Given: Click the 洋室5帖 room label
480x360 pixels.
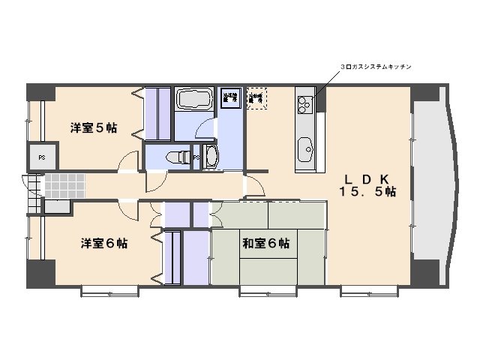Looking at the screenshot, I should pos(94,127).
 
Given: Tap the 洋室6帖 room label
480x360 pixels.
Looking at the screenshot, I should pos(103,244).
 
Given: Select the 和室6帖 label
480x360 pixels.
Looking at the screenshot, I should pos(266,244).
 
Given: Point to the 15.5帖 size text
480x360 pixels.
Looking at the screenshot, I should pos(368,192).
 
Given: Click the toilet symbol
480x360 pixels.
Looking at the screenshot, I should pos(174,157).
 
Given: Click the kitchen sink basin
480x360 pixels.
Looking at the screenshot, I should pos(307,148).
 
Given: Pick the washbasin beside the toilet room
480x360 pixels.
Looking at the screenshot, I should pos(211,157).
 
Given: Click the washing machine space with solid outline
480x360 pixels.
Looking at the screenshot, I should pos(231,99).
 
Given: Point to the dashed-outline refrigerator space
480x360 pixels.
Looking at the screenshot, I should pos(257,99).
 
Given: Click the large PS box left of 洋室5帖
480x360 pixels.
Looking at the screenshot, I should pos(41,157).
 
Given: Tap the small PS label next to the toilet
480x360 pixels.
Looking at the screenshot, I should pos(196,158).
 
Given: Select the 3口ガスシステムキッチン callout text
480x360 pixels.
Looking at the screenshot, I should pos(375,67).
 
